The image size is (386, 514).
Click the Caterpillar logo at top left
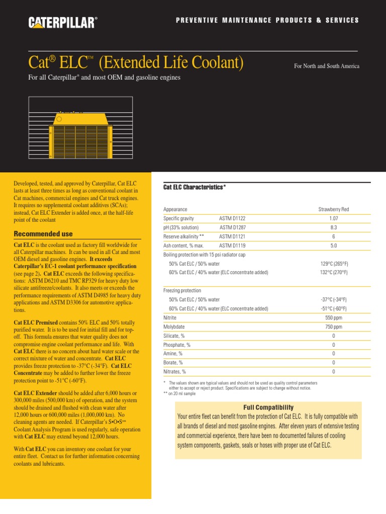tap(63, 22)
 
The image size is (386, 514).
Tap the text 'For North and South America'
tap(327, 66)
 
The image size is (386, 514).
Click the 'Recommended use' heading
tap(43, 234)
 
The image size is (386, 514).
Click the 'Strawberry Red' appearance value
tap(333, 209)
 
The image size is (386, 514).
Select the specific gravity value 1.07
tap(333, 218)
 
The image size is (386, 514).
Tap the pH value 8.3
tap(333, 227)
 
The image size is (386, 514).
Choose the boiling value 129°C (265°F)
tap(334, 264)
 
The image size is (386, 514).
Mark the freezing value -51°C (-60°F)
tap(334, 309)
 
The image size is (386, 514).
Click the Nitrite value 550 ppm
tap(333, 318)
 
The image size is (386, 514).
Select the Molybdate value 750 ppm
tap(333, 327)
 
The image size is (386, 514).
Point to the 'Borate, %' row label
tap(173, 362)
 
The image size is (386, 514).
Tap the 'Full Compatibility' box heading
tap(268, 408)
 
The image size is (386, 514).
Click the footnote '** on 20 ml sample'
tap(179, 394)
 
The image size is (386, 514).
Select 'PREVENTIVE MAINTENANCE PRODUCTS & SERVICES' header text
tap(267, 21)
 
